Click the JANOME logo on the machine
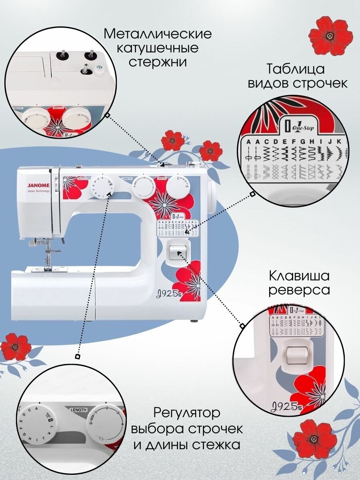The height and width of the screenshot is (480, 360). (38, 185)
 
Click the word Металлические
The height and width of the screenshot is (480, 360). (158, 34)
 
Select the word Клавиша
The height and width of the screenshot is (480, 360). (299, 276)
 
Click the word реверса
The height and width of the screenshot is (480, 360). (299, 290)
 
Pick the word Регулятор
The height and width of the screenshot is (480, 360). (187, 413)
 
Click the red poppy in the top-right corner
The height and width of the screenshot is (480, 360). (331, 36)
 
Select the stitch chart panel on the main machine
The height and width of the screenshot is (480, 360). (177, 228)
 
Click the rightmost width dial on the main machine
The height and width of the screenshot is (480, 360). (178, 187)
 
